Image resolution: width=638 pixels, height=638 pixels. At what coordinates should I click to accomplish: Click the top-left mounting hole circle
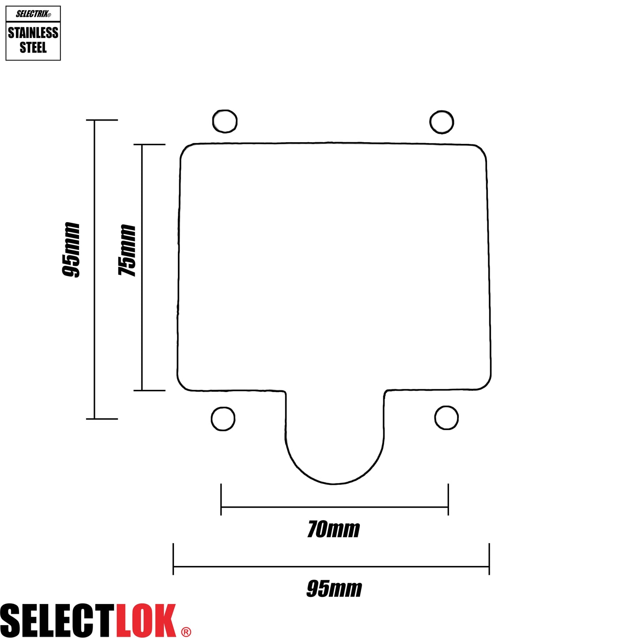pyautogui.click(x=225, y=121)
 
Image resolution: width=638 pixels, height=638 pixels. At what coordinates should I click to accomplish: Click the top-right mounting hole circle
pyautogui.click(x=442, y=122)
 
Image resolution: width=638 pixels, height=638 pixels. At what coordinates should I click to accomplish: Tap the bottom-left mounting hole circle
pyautogui.click(x=223, y=419)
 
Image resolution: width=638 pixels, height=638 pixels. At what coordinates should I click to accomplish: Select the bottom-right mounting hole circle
pyautogui.click(x=446, y=418)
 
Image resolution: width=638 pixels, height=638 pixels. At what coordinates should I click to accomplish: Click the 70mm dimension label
pyautogui.click(x=333, y=529)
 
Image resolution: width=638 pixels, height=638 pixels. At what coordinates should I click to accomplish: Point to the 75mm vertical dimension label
pyautogui.click(x=127, y=250)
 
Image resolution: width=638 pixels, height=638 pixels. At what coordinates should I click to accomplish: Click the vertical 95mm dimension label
pyautogui.click(x=71, y=250)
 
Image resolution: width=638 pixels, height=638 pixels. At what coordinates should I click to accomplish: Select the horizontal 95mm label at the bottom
pyautogui.click(x=334, y=589)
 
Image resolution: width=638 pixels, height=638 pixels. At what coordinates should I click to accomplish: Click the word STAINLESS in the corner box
pyautogui.click(x=33, y=33)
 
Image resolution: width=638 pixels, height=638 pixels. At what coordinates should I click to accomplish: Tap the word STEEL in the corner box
pyautogui.click(x=33, y=47)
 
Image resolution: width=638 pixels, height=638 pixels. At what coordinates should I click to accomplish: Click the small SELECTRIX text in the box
pyautogui.click(x=33, y=14)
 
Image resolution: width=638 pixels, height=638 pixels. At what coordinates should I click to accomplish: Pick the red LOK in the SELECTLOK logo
pyautogui.click(x=146, y=620)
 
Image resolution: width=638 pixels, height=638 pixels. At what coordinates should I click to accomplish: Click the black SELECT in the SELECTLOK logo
pyautogui.click(x=58, y=620)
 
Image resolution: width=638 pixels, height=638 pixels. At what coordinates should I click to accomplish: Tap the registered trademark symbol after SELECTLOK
pyautogui.click(x=186, y=632)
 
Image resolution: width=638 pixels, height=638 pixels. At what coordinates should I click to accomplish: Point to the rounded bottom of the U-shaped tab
pyautogui.click(x=334, y=483)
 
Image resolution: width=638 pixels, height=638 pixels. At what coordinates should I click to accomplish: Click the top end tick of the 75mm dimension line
pyautogui.click(x=149, y=144)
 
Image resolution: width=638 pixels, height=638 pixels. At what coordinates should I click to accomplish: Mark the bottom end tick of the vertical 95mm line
pyautogui.click(x=102, y=419)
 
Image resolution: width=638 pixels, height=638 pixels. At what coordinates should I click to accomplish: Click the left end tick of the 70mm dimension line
pyautogui.click(x=221, y=499)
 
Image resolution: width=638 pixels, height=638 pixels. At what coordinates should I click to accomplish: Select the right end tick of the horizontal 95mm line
pyautogui.click(x=489, y=559)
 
